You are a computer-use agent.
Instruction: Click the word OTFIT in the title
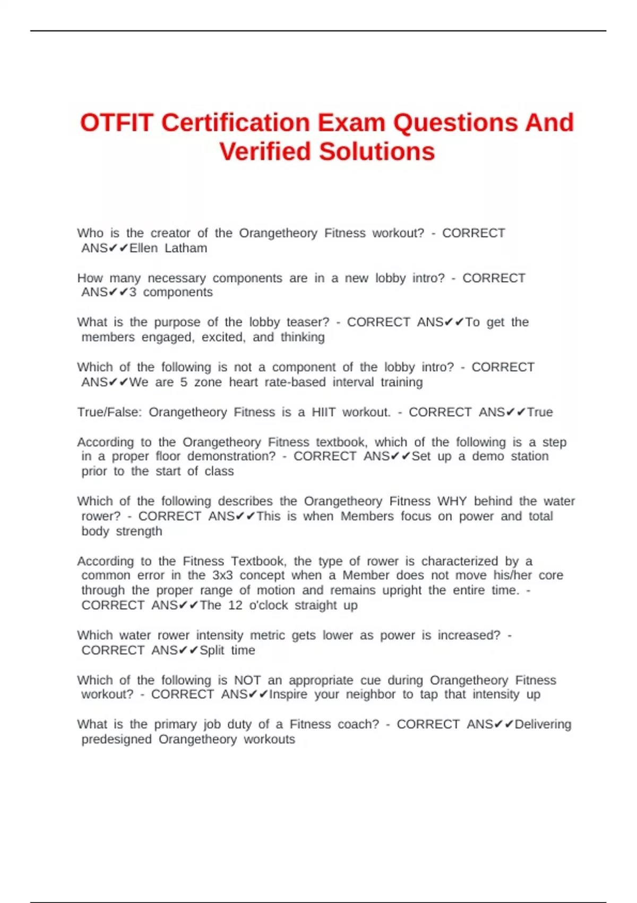tap(117, 123)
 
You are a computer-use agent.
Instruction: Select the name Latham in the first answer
tap(186, 248)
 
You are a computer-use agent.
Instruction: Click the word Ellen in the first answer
tap(143, 248)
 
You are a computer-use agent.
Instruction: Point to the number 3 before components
tap(133, 292)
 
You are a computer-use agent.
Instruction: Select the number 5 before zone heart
tap(184, 382)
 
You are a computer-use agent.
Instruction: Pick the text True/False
tap(109, 412)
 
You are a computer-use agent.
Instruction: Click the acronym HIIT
tap(323, 412)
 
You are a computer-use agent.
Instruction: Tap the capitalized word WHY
tap(452, 501)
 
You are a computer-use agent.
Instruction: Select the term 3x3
tap(222, 575)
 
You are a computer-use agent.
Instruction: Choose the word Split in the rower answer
tap(212, 651)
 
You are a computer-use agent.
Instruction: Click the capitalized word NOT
tap(247, 680)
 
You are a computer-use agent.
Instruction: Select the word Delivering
tap(543, 725)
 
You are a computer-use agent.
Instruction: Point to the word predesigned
tap(116, 739)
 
